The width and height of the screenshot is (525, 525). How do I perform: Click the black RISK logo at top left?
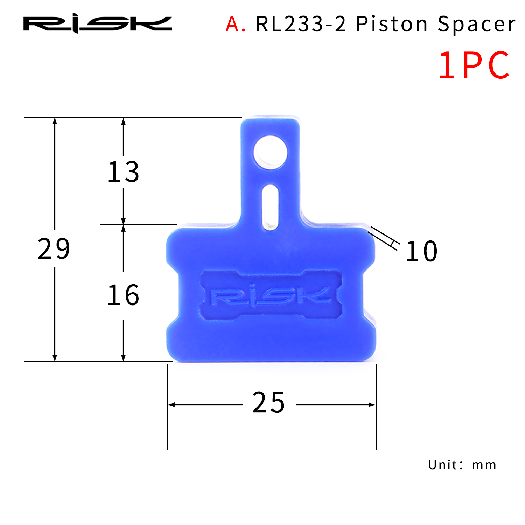[98, 24]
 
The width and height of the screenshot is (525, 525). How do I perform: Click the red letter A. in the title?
[235, 24]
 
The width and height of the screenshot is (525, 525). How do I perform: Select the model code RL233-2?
[301, 24]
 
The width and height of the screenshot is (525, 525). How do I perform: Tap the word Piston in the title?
[392, 24]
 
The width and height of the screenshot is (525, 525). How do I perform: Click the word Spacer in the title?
[476, 24]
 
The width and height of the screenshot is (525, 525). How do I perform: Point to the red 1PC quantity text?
[474, 65]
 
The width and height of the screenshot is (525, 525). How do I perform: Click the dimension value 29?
[54, 249]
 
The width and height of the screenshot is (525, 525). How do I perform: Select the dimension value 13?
[123, 172]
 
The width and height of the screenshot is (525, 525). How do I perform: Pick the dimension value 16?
[123, 295]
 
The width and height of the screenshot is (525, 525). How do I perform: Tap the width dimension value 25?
[268, 402]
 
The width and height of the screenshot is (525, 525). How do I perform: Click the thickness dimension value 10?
[421, 251]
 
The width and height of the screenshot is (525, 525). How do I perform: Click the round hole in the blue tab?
[270, 153]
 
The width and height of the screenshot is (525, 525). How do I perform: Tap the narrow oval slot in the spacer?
[270, 207]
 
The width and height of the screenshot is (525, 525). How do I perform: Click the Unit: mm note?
[462, 465]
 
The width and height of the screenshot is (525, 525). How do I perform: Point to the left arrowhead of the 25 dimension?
[171, 405]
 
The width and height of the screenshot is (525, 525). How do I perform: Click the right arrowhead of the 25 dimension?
[372, 405]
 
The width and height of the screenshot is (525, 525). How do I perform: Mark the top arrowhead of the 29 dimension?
[55, 121]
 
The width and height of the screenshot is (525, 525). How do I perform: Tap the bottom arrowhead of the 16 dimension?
[123, 358]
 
